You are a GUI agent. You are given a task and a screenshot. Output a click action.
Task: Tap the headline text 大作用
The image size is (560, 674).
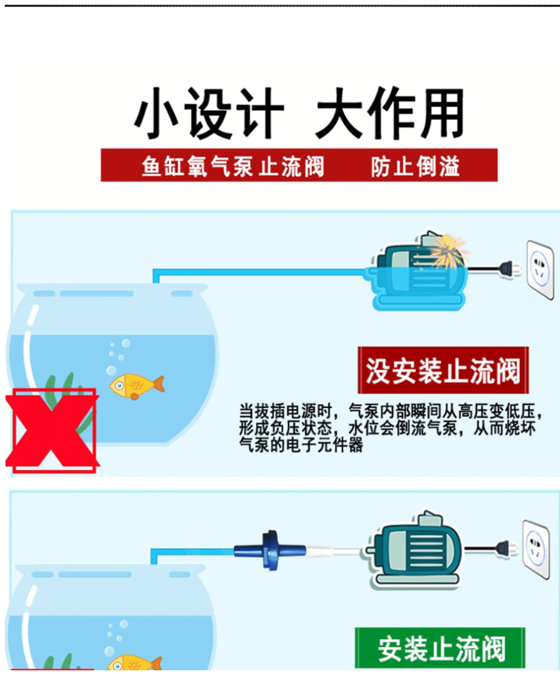coord(390,114)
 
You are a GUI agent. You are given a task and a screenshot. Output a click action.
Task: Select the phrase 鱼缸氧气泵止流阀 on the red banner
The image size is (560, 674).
coord(232,166)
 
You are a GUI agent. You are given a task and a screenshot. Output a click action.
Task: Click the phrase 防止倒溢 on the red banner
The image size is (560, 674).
coord(415,166)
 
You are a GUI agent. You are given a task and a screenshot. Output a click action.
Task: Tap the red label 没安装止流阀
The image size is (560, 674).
coord(443,370)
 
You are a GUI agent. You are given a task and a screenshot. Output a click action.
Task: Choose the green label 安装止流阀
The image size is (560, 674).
coord(440,649)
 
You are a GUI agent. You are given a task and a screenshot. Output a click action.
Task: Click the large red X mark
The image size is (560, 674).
coord(52,430)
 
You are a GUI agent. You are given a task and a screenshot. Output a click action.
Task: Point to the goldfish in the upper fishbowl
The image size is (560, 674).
coord(136,386)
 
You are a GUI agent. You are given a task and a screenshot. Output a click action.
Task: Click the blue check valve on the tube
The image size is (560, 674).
coord(270,550)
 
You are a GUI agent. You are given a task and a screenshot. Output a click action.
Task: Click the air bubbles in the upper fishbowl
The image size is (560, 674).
coord(117,357)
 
